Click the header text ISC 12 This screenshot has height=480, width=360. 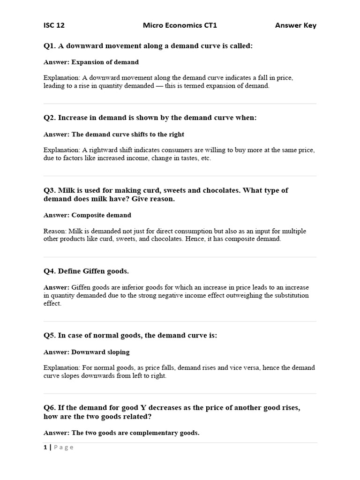coord(54,25)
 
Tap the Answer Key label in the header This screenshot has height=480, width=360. coord(295,25)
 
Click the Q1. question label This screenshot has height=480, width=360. coord(50,46)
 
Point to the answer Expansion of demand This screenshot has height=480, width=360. coord(105,62)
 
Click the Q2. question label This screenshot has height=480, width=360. coord(50,118)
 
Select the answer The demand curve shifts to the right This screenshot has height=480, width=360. coord(127,135)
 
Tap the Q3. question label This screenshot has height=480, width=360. coord(50,190)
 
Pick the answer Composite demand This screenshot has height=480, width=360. coord(101,215)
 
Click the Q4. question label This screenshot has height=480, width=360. coord(50,271)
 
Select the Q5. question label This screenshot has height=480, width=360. coord(50,336)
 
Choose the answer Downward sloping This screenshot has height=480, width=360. coord(100,352)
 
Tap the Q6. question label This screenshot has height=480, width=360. coord(50,408)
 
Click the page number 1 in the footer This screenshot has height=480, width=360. coord(45,447)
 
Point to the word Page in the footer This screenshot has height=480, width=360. coord(64,447)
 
